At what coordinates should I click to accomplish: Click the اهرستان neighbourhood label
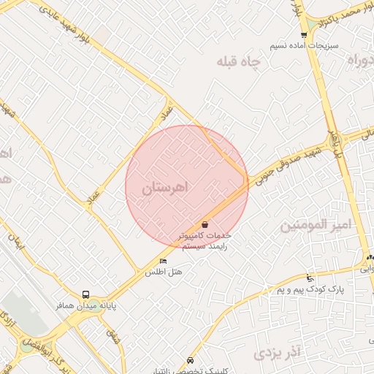165,187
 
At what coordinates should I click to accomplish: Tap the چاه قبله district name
238,61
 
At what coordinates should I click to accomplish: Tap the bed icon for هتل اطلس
163,261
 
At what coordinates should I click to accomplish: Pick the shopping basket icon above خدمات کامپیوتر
205,224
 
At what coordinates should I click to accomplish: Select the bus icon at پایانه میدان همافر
86,294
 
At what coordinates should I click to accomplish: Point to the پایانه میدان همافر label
86,305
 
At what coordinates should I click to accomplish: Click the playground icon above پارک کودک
310,278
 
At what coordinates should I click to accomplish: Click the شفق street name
112,337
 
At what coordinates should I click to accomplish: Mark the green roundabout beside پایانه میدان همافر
27,346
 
